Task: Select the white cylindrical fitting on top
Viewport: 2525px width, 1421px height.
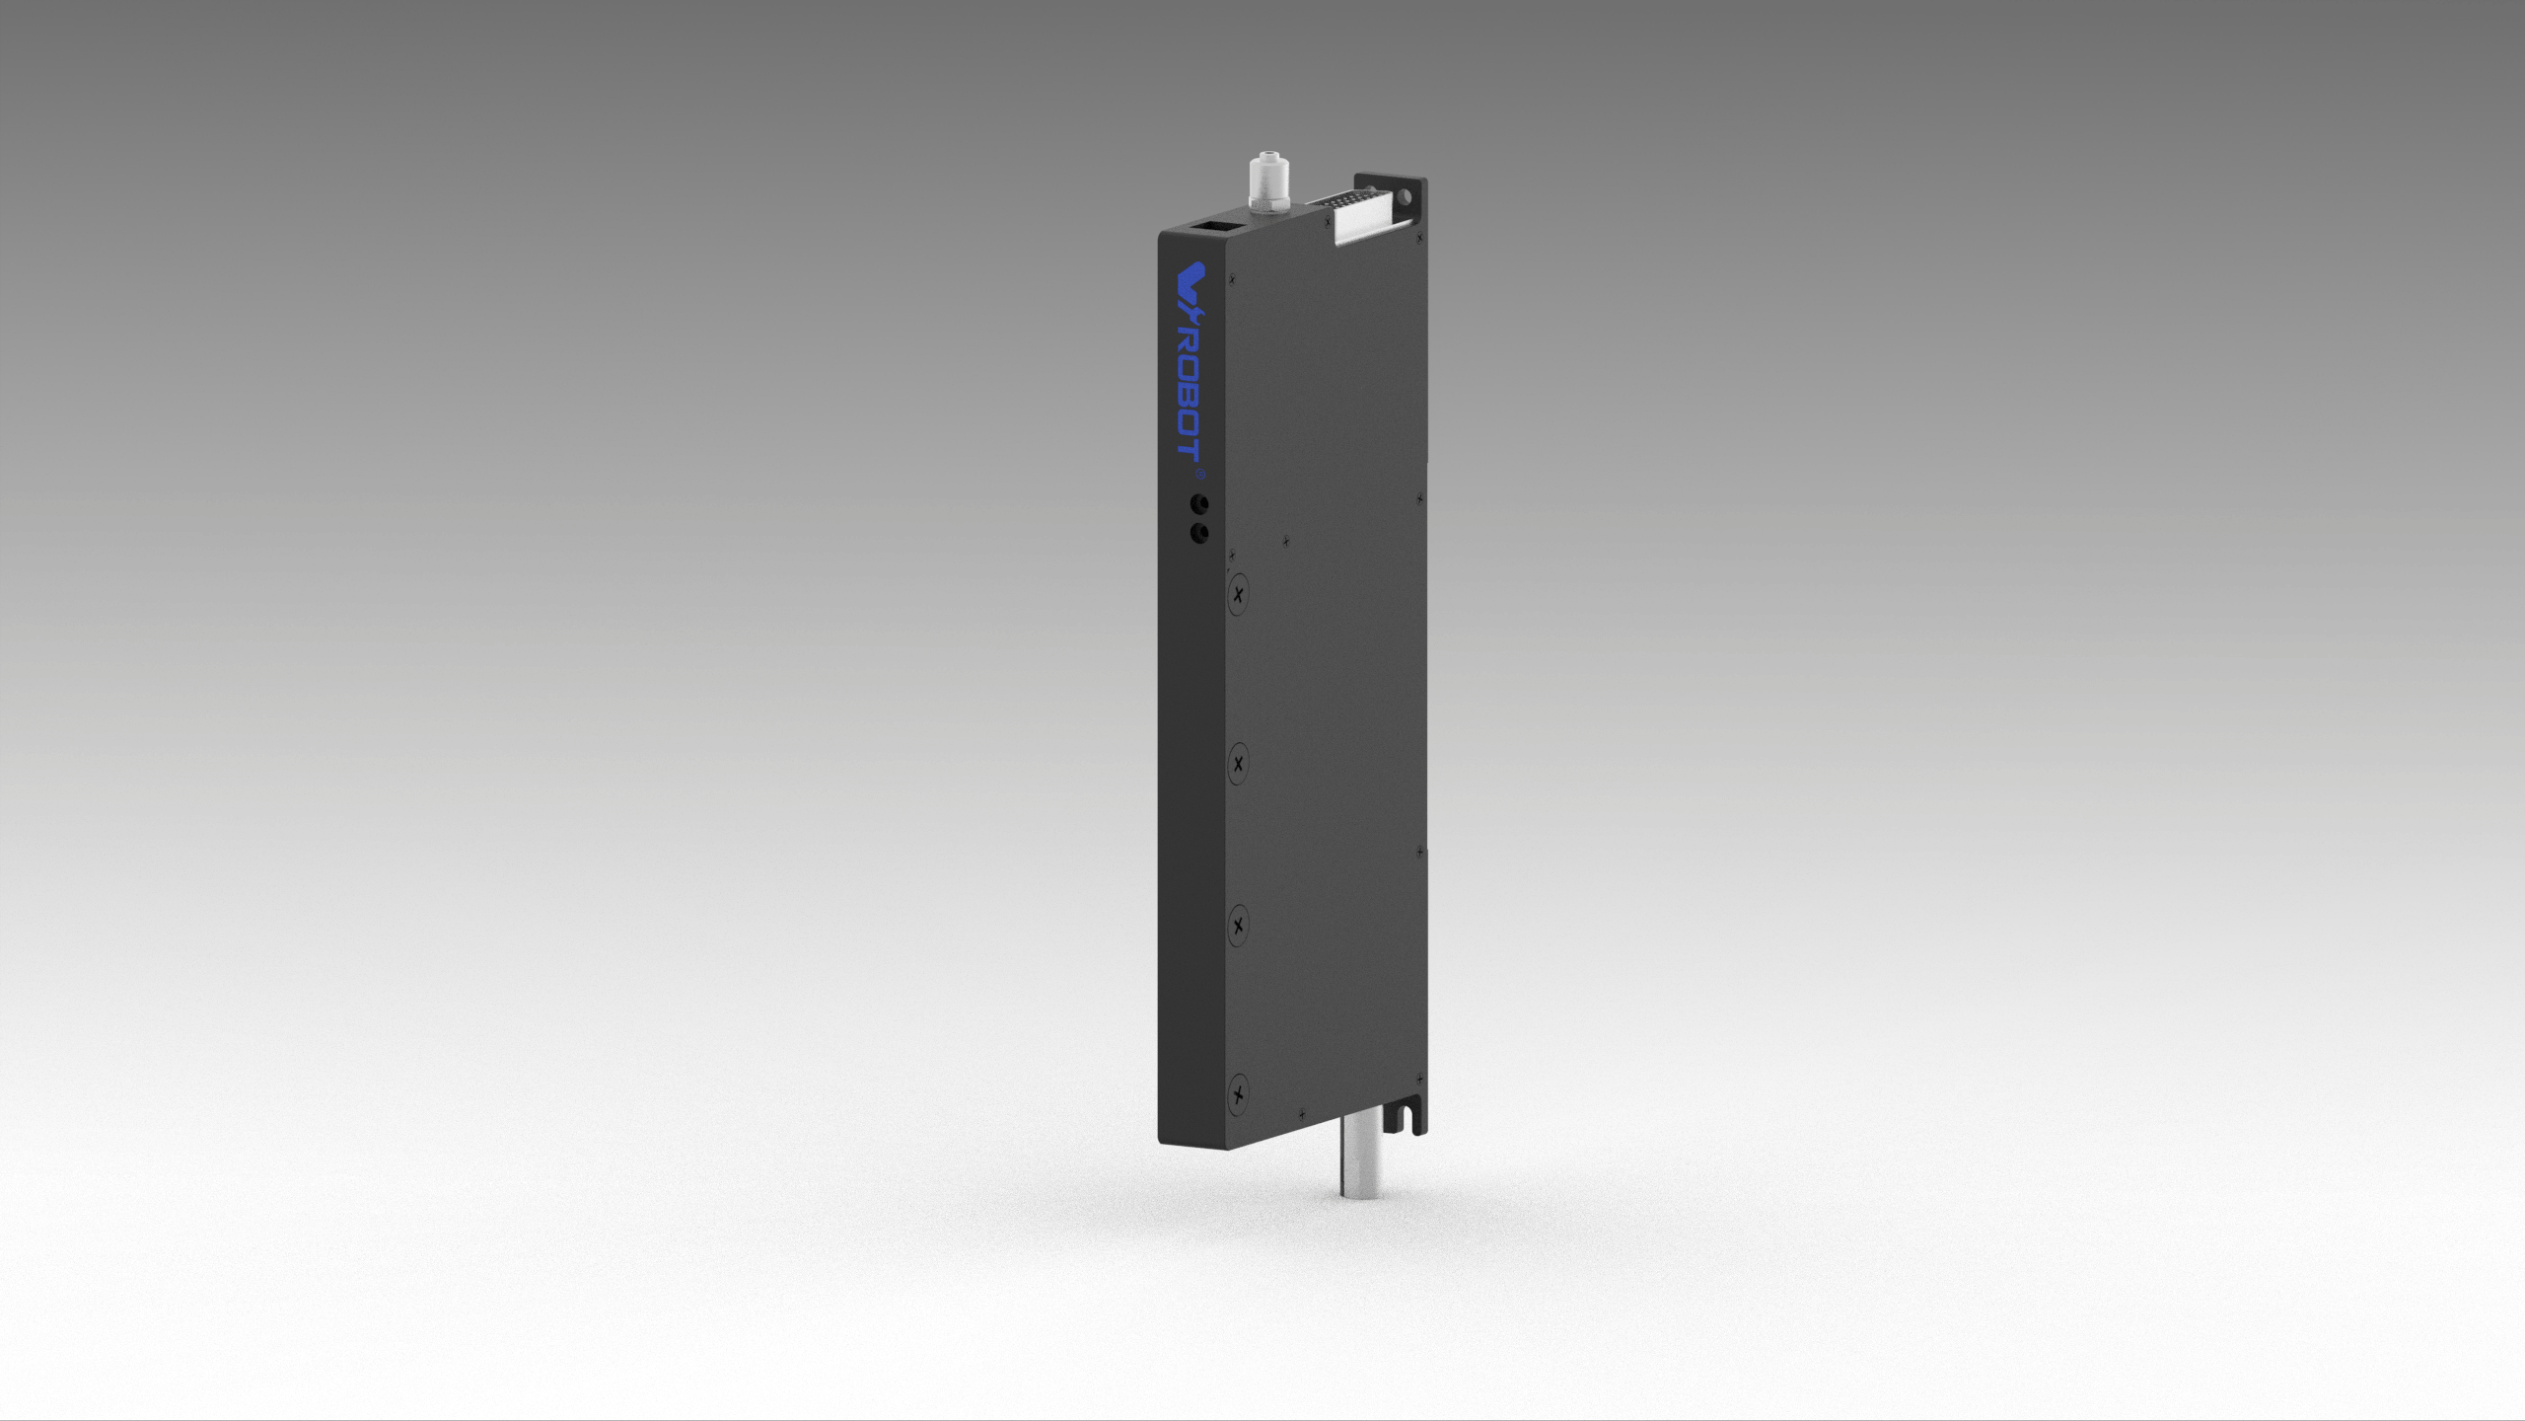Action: click(1262, 182)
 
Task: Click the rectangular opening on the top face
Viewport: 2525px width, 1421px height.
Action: click(1211, 229)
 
